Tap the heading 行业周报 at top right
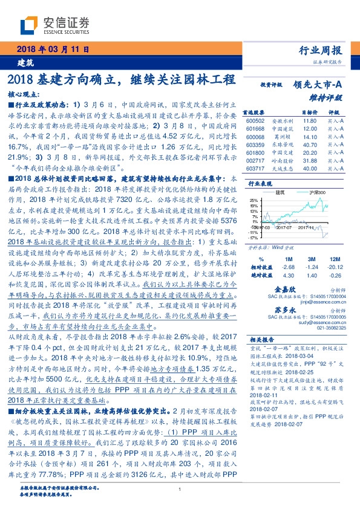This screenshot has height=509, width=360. click(x=321, y=50)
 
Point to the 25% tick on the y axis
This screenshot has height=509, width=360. click(x=255, y=199)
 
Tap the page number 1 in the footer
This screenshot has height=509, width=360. click(x=180, y=491)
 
